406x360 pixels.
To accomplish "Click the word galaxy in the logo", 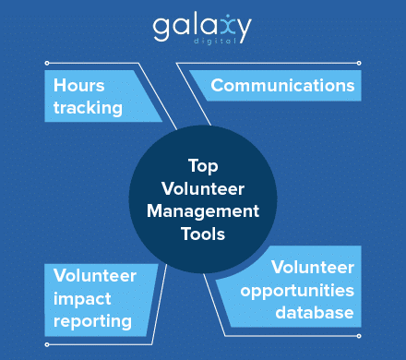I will pos(202,26).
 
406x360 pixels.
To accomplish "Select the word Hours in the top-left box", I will pos(78,86).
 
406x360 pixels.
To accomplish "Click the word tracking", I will pos(88,107).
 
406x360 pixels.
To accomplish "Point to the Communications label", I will pos(282,86).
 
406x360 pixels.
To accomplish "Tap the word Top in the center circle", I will pos(202,165).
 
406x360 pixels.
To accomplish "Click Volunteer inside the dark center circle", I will pos(202,188).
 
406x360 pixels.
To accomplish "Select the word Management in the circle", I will pos(202,210).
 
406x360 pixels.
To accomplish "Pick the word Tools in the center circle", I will pos(202,234).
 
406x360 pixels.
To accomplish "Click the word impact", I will pos(80,297).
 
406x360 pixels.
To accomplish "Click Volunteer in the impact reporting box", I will pos(95,275).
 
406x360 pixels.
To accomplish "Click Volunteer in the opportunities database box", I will pos(313,268).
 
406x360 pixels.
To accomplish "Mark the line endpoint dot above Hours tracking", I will pos(45,64).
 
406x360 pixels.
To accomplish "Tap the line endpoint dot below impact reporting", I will pos(45,344).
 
